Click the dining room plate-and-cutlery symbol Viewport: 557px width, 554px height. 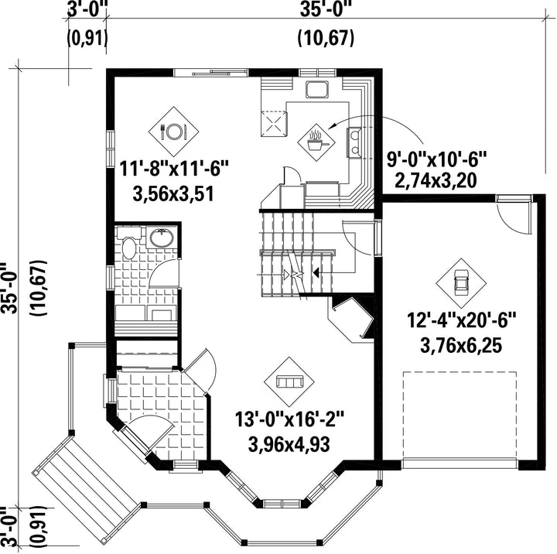[x=173, y=132]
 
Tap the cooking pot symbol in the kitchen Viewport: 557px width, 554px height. [x=316, y=142]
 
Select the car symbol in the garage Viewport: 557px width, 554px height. [x=461, y=283]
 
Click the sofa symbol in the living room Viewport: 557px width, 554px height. [x=289, y=382]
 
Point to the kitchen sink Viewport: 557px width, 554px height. [x=317, y=90]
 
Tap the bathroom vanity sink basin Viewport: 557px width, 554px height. [x=162, y=238]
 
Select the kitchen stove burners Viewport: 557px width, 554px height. [x=354, y=142]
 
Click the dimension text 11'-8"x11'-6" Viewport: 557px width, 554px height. [x=173, y=168]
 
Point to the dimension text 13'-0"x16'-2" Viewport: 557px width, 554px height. [x=289, y=419]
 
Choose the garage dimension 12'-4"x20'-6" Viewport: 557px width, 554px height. [x=461, y=320]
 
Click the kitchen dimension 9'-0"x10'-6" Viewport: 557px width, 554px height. [x=436, y=159]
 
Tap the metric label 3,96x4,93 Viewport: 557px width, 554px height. [x=289, y=444]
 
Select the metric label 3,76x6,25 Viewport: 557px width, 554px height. [x=461, y=345]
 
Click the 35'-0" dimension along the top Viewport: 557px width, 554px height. [x=326, y=9]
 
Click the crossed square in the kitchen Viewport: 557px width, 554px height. [x=274, y=124]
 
